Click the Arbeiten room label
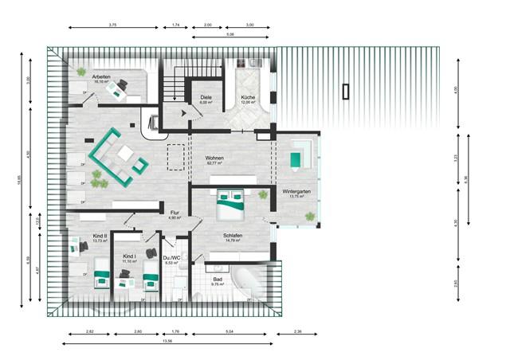pyautogui.click(x=100, y=76)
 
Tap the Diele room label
pyautogui.click(x=205, y=98)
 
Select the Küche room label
pyautogui.click(x=248, y=98)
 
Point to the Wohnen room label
pyautogui.click(x=214, y=158)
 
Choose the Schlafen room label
pyautogui.click(x=233, y=236)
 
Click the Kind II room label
pyautogui.click(x=100, y=237)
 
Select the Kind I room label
pyautogui.click(x=129, y=256)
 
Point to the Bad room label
pyautogui.click(x=218, y=279)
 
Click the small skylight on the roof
pyautogui.click(x=345, y=90)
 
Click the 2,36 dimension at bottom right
pyautogui.click(x=298, y=331)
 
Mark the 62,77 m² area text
pyautogui.click(x=214, y=164)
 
